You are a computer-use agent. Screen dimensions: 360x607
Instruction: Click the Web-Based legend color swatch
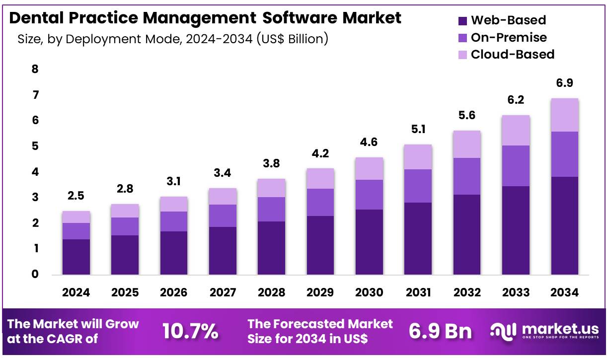(x=462, y=21)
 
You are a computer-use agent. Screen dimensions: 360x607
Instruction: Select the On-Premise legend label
(x=509, y=37)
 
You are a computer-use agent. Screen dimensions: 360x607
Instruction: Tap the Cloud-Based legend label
(x=512, y=54)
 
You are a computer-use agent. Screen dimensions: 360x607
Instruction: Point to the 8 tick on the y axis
(x=35, y=69)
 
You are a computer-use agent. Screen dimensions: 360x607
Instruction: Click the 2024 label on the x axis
(x=76, y=292)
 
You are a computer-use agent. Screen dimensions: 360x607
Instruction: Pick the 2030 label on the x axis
(x=369, y=292)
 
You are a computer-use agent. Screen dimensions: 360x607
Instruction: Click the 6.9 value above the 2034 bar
(x=564, y=83)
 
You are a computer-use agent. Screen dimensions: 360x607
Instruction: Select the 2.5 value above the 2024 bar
(x=76, y=196)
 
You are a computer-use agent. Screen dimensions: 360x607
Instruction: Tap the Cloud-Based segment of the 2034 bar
(x=564, y=115)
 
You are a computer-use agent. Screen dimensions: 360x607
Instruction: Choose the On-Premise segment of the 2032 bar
(x=467, y=176)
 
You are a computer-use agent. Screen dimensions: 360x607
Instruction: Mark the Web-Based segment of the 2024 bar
(x=76, y=257)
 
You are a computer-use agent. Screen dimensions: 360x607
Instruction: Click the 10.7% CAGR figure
(x=191, y=332)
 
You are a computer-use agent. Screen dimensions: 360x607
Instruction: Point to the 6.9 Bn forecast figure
(x=440, y=332)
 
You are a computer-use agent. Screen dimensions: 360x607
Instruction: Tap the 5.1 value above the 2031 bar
(x=418, y=130)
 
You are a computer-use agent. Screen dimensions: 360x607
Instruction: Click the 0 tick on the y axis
(x=35, y=274)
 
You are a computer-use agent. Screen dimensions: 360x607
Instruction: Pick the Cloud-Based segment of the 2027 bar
(x=223, y=196)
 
